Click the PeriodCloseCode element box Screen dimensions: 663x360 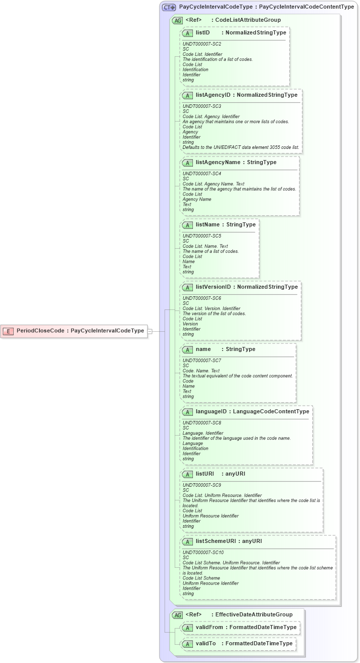(x=74, y=331)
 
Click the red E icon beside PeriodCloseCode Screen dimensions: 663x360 (x=8, y=331)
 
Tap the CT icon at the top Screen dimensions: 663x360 (x=169, y=7)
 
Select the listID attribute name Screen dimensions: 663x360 (x=203, y=32)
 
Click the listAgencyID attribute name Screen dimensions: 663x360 (x=213, y=95)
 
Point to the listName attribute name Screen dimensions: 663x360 (x=207, y=224)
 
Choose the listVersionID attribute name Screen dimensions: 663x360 (x=213, y=287)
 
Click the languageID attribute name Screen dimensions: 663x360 (x=211, y=411)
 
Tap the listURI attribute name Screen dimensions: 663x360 (x=205, y=474)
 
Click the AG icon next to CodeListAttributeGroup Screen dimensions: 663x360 (x=177, y=20)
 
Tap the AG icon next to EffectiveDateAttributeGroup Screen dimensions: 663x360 (x=177, y=614)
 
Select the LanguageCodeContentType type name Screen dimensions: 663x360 (x=271, y=411)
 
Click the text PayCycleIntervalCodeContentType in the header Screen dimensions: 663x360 (x=306, y=7)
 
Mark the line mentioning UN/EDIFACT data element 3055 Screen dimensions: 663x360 (x=241, y=147)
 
